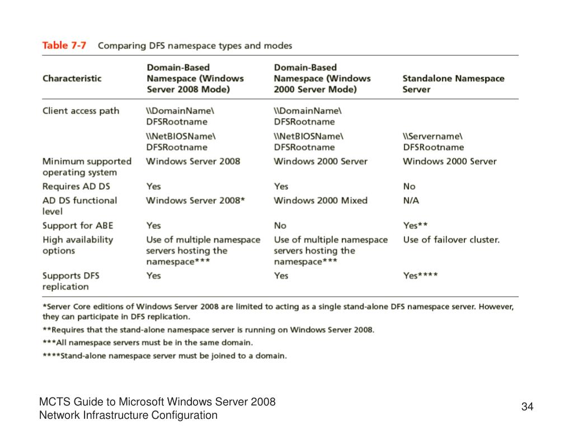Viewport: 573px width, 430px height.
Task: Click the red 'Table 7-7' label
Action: click(64, 45)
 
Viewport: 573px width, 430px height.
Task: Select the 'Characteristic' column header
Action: click(72, 78)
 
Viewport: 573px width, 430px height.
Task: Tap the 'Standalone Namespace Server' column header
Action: click(453, 84)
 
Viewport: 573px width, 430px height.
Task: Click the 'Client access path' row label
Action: click(81, 111)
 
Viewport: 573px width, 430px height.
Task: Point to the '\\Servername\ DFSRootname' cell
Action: click(433, 142)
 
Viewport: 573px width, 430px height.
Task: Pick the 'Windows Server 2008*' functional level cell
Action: click(195, 200)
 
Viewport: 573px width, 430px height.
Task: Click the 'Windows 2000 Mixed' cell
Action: click(321, 200)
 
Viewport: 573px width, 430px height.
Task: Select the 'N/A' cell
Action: click(411, 200)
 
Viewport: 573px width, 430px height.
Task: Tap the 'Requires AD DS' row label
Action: click(77, 186)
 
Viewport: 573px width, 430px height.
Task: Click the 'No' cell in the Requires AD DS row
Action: click(409, 186)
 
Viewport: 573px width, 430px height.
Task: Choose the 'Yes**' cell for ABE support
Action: click(415, 226)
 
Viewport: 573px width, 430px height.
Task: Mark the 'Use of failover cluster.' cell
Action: click(451, 240)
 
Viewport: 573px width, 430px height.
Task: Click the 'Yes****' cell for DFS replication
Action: click(420, 275)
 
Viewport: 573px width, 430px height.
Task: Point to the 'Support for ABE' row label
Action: click(78, 226)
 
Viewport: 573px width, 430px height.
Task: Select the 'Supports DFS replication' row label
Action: click(71, 281)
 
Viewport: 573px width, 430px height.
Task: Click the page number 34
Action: click(527, 406)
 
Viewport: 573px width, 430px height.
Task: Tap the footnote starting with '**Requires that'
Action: click(209, 330)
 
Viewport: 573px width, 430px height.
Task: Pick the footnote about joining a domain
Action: click(165, 356)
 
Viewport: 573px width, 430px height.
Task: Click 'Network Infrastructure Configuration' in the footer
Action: click(128, 415)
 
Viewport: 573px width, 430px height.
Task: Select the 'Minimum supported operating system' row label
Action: click(87, 167)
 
